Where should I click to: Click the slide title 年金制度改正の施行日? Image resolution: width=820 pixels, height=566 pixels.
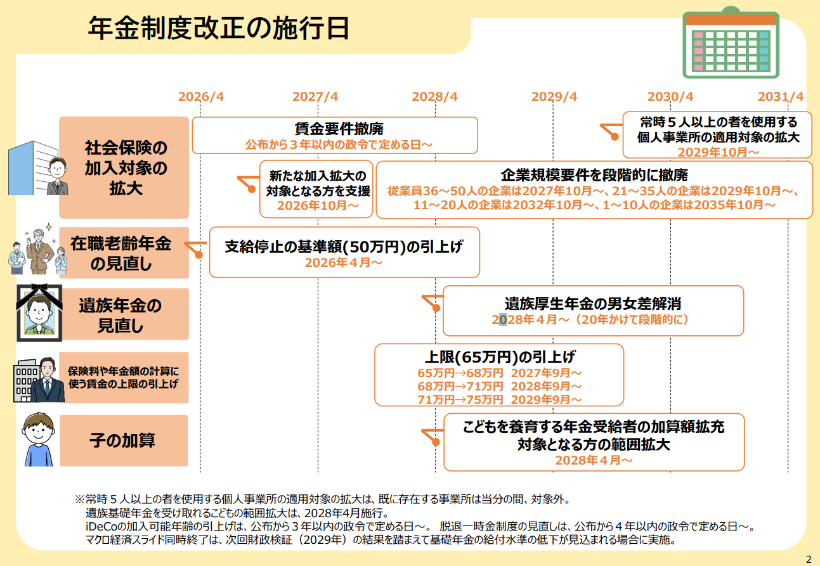(x=219, y=29)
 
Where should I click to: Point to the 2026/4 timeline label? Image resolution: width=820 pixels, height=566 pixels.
(x=201, y=96)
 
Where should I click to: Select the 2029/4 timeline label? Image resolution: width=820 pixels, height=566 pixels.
(x=554, y=96)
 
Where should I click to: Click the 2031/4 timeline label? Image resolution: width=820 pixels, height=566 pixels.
(x=780, y=96)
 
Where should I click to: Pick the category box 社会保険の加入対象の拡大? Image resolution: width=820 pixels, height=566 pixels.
(x=124, y=168)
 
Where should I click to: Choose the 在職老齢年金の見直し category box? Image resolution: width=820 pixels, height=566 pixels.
(x=124, y=253)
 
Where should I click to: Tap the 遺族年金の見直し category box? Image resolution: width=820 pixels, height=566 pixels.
(x=124, y=314)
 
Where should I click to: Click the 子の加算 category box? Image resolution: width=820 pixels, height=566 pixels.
(x=124, y=441)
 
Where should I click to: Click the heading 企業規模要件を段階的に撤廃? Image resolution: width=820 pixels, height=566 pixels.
(x=594, y=175)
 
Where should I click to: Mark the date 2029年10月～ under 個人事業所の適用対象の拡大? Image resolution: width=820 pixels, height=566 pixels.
(x=718, y=152)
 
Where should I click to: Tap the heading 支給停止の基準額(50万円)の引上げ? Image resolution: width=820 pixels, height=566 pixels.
(x=344, y=247)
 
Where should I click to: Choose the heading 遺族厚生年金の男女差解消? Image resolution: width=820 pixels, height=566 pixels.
(x=593, y=304)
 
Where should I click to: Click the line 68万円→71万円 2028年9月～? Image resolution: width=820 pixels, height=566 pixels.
(x=499, y=386)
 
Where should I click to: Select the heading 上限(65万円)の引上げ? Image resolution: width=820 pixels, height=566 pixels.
(x=499, y=356)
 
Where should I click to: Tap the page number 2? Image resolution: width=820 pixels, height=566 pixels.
(x=808, y=558)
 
